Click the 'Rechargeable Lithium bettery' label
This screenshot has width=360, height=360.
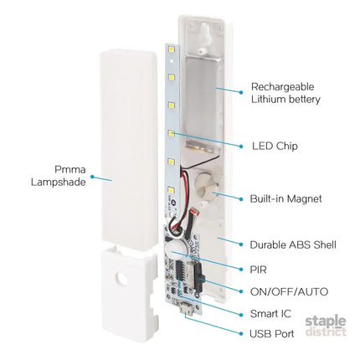coord(285,93)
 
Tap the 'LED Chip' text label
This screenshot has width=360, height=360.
coord(275,146)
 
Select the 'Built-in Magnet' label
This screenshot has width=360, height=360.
coord(285,198)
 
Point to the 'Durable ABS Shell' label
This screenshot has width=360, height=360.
coord(293,244)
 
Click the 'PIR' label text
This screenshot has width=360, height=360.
coord(259,270)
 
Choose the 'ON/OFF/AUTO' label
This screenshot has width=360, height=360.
coord(289,292)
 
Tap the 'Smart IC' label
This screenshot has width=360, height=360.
coord(270,314)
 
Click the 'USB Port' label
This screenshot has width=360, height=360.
coord(272,334)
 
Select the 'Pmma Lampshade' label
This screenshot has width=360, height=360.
coord(58,176)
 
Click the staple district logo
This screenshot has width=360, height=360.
coord(326,326)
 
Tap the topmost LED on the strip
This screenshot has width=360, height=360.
coord(171,49)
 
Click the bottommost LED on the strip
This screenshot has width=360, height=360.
coord(171,190)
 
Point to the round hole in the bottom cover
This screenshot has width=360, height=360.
coord(122,278)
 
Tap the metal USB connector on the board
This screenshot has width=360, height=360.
coord(188,310)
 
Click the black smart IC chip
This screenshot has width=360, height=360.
coord(181,275)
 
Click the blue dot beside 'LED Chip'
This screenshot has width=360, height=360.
coord(241,147)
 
